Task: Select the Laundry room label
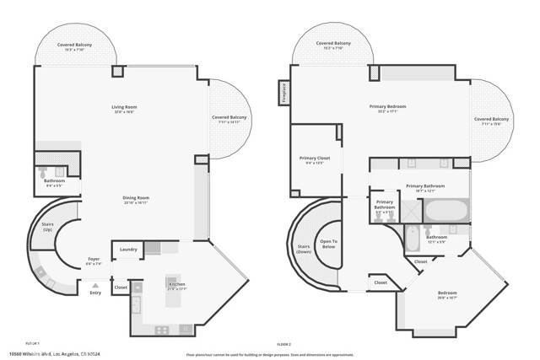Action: [x=128, y=250]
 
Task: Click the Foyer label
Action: [x=94, y=261]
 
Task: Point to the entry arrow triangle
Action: [x=94, y=283]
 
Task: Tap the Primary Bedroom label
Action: [x=387, y=108]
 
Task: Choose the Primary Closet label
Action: [x=315, y=159]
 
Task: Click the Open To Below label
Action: [x=329, y=244]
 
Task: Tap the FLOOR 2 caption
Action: [x=283, y=345]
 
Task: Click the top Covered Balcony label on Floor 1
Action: [x=74, y=46]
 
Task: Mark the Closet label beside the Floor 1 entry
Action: [x=120, y=287]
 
